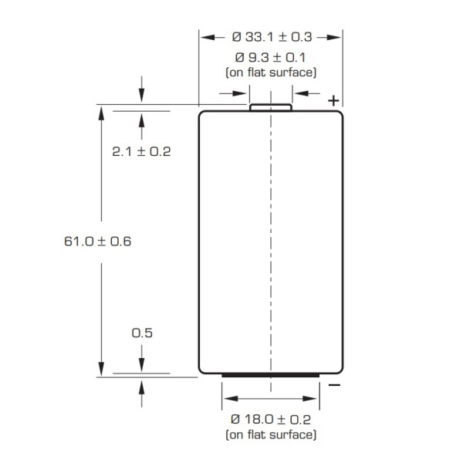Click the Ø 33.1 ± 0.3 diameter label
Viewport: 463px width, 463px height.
coord(270,36)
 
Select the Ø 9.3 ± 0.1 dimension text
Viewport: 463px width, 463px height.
coord(270,58)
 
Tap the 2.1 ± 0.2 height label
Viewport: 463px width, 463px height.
coord(140,151)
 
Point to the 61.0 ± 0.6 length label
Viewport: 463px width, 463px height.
coord(98,241)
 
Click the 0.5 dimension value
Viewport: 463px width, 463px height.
coord(140,333)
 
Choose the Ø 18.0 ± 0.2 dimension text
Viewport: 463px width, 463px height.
coord(270,419)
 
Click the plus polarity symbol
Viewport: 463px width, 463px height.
coord(333,100)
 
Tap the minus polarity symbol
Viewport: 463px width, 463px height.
coord(333,384)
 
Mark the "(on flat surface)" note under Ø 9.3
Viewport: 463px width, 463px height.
coord(270,73)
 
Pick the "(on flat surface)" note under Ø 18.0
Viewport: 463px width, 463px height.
coord(270,435)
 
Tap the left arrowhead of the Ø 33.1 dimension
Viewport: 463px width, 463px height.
coord(204,36)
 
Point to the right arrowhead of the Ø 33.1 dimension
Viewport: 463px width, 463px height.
coord(337,36)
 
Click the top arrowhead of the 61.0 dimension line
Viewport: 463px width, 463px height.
coord(100,111)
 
